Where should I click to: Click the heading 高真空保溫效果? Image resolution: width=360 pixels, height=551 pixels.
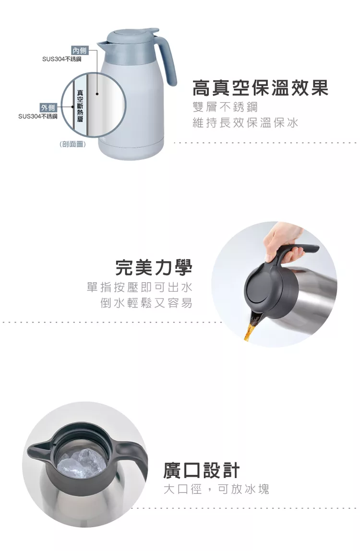(x=261, y=88)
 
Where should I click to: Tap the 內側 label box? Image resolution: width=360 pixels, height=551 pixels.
(x=80, y=50)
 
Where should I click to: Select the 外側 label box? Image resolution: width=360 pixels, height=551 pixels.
(x=48, y=108)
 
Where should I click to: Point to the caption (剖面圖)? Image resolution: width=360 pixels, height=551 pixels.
(x=73, y=144)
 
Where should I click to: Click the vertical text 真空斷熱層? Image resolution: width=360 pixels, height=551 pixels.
(x=80, y=106)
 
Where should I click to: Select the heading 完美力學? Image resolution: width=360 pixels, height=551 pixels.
(x=154, y=267)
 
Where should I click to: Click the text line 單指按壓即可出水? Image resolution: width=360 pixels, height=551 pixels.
(x=140, y=287)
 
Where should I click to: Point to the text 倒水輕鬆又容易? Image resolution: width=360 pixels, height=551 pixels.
(x=146, y=302)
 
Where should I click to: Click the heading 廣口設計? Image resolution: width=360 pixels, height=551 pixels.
(x=202, y=470)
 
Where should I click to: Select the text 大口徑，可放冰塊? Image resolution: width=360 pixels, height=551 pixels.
(x=216, y=489)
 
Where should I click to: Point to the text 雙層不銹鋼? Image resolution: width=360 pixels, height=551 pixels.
(x=225, y=107)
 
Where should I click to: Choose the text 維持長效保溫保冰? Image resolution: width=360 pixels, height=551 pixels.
(x=245, y=123)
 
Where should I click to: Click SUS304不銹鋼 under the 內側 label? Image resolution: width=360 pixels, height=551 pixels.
(x=61, y=60)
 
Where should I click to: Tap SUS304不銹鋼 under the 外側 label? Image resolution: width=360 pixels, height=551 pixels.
(x=37, y=116)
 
